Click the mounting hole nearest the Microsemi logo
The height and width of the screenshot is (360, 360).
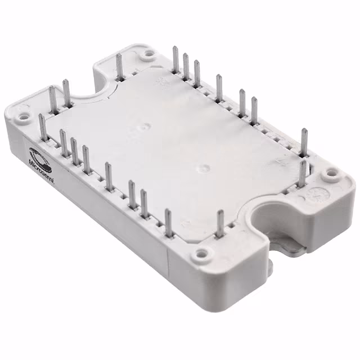coord(24,118)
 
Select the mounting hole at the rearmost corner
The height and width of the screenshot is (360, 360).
coord(148,55)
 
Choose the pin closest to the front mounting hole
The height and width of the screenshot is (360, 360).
coord(220,225)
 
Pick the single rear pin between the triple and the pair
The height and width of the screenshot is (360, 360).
coord(219,87)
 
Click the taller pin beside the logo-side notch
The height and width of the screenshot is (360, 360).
coord(66,93)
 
